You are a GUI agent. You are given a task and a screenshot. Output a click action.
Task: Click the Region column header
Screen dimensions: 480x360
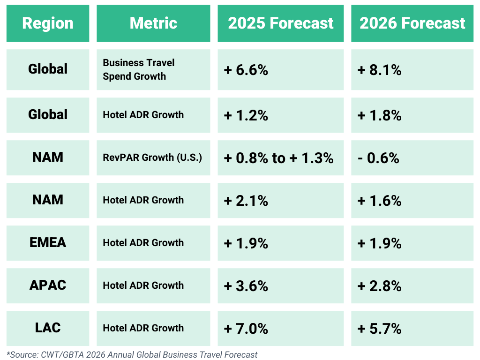coord(48,23)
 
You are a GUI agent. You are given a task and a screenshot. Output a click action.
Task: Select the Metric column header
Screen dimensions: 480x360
coord(153,23)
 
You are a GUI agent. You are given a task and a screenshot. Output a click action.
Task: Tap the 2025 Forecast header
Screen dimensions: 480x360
coord(281,23)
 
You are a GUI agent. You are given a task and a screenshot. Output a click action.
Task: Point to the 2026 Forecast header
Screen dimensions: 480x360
coord(412,23)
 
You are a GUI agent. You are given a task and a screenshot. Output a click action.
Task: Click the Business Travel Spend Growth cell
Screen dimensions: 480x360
coord(139,69)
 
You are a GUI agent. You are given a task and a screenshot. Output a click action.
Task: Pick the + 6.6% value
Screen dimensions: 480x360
coord(246,70)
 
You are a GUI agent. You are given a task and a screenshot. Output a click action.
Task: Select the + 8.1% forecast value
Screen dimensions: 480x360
coord(379,70)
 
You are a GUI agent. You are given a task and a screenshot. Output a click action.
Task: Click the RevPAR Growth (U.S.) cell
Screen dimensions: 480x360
coord(152,157)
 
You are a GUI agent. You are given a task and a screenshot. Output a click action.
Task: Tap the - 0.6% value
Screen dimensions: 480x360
coord(378,158)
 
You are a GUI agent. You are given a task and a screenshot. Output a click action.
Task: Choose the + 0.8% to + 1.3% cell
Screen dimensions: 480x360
coord(278,158)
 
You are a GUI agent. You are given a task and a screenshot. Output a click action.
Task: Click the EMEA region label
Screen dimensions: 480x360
coord(48,242)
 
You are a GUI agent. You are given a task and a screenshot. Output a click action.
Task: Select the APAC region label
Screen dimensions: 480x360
coord(48,285)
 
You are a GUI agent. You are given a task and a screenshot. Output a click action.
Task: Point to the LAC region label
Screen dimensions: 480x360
coord(48,328)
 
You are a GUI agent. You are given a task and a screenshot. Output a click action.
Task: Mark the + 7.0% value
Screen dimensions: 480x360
coord(246,329)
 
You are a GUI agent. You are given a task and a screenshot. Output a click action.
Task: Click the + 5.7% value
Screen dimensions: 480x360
coord(379,329)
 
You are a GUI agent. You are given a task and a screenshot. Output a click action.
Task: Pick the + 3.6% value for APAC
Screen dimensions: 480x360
coord(246,286)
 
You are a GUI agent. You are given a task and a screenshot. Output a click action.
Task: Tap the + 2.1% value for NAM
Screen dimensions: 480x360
coord(246,201)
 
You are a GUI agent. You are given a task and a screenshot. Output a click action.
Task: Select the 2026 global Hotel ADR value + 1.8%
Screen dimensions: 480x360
coord(379,115)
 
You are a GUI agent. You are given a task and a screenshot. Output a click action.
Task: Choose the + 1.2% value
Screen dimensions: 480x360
coord(246,115)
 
